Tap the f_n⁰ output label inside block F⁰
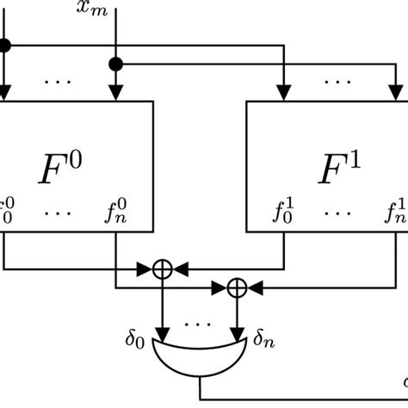pyautogui.click(x=117, y=210)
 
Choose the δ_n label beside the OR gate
pyautogui.click(x=266, y=331)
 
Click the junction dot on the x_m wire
pyautogui.click(x=114, y=63)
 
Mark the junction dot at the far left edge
pyautogui.click(x=3, y=45)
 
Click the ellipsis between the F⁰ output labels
pyautogui.click(x=59, y=209)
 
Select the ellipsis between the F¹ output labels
pyautogui.click(x=339, y=209)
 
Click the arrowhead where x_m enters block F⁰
pyautogui.click(x=114, y=96)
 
